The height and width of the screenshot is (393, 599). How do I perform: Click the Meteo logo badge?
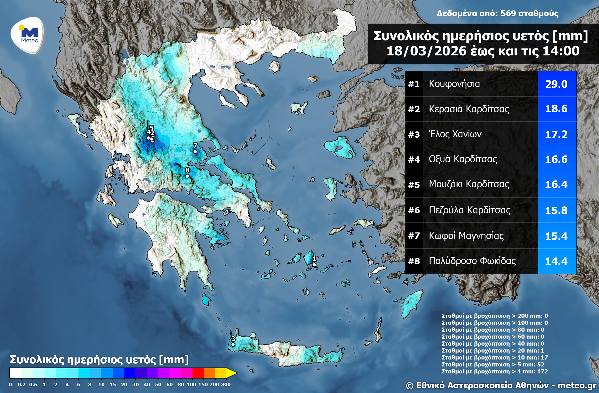27,35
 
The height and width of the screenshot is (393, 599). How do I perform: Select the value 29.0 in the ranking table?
556,84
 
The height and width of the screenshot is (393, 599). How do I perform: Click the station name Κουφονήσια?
454,84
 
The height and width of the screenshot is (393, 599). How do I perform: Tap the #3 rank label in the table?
414,135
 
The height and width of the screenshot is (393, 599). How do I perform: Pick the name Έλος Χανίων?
455,134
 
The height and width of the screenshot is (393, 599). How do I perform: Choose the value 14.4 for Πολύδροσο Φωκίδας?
556,261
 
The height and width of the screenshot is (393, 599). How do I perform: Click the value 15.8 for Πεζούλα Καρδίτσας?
556,210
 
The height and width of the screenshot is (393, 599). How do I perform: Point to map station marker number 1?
314,265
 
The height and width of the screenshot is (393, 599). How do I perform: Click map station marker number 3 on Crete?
233,345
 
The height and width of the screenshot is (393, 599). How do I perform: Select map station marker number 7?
195,152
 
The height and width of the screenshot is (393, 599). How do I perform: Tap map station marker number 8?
187,176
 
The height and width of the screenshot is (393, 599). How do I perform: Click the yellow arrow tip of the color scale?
232,373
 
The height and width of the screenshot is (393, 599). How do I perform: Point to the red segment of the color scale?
198,373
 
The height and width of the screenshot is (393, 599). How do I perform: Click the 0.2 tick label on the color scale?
22,384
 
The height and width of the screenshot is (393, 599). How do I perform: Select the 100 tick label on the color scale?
191,384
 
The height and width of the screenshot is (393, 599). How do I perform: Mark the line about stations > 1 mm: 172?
494,371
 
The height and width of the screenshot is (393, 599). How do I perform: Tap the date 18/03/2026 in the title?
426,51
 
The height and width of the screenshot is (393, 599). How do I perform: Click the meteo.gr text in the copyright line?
577,386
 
